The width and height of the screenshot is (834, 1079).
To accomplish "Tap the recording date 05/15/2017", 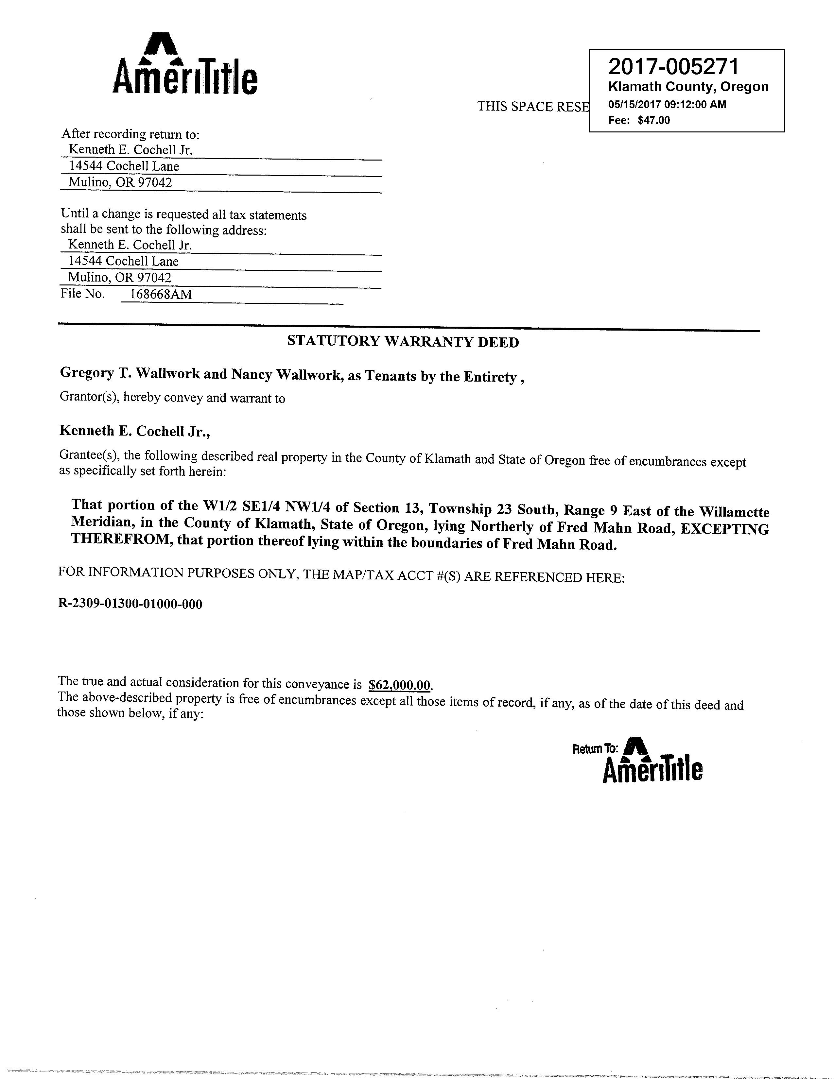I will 634,105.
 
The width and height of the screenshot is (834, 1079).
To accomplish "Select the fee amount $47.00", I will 654,120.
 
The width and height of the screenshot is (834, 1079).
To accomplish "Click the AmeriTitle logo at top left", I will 185,65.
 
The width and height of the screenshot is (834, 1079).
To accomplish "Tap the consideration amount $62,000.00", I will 400,685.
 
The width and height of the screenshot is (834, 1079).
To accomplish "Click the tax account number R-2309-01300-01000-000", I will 130,604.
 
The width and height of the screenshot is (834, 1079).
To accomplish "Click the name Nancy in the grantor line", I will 251,374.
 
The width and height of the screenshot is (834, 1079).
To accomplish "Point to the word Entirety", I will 490,377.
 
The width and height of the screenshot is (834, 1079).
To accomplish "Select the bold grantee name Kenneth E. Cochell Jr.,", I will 134,431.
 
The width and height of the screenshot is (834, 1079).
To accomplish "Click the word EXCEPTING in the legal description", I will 724,529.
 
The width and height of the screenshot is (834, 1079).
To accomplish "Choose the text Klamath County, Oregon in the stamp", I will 688,87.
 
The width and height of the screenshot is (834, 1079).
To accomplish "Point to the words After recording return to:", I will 130,134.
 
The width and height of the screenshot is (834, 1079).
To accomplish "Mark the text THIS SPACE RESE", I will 532,107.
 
